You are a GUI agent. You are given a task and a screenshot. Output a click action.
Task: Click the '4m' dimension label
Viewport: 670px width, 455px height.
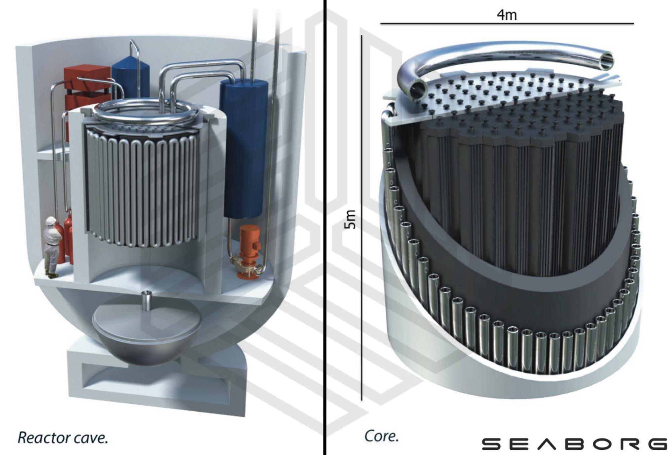coord(507,15)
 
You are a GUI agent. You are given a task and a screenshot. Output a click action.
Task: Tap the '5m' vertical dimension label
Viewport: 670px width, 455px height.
coord(350,219)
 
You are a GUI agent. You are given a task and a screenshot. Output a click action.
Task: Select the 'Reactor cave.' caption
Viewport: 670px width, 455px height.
coord(63,438)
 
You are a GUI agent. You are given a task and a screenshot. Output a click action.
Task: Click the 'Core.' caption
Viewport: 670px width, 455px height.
coord(381,436)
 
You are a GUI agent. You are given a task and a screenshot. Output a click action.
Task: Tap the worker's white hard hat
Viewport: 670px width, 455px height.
coord(51,221)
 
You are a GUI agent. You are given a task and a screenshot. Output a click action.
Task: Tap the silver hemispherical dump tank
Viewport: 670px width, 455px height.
coord(147,343)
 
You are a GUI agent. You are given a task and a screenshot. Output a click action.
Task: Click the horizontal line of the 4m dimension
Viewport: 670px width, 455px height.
coord(507,23)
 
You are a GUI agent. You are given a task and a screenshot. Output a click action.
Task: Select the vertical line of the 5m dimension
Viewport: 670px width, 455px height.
coord(362,218)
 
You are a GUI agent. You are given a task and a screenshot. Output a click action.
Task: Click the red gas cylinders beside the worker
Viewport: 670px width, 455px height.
coord(68,238)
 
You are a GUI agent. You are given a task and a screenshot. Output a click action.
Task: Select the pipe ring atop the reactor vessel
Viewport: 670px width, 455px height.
coord(145,112)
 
